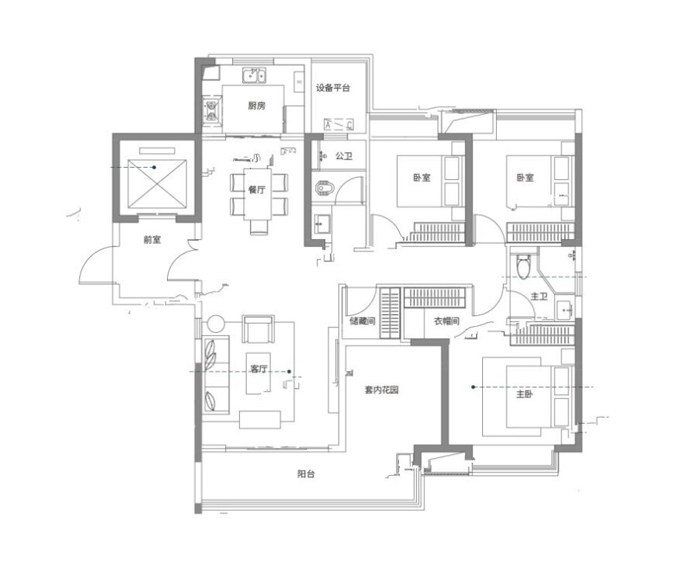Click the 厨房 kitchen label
click(256, 106)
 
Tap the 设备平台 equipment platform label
click(333, 88)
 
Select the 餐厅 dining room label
click(257, 190)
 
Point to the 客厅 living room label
click(259, 369)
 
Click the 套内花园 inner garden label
click(382, 390)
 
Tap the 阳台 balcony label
click(306, 474)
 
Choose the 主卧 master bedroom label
click(524, 394)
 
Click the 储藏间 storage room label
click(363, 321)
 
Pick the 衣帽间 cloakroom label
click(446, 321)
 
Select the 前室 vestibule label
click(152, 240)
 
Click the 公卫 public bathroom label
click(344, 155)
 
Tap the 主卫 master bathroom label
click(539, 297)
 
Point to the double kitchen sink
click(254, 75)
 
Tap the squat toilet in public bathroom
click(325, 188)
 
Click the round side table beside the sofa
click(216, 324)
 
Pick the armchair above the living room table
click(258, 329)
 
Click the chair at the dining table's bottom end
click(259, 227)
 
